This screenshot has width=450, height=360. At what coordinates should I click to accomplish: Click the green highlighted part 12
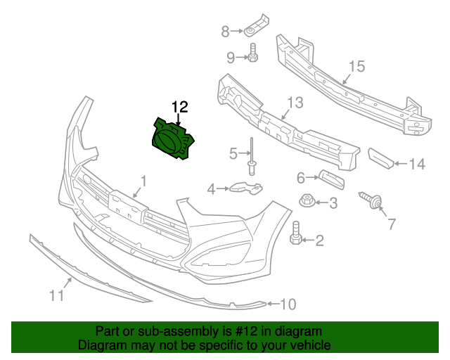tap(172, 137)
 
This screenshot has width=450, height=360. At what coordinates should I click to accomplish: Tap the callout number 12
tap(180, 107)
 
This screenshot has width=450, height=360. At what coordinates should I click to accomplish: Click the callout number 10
tap(288, 304)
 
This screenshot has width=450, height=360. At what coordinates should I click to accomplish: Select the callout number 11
tap(56, 295)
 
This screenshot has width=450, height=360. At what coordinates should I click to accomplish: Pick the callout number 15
tap(356, 67)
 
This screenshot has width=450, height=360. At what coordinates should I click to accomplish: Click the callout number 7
tap(392, 224)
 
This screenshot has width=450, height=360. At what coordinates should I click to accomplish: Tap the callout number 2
tap(319, 241)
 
